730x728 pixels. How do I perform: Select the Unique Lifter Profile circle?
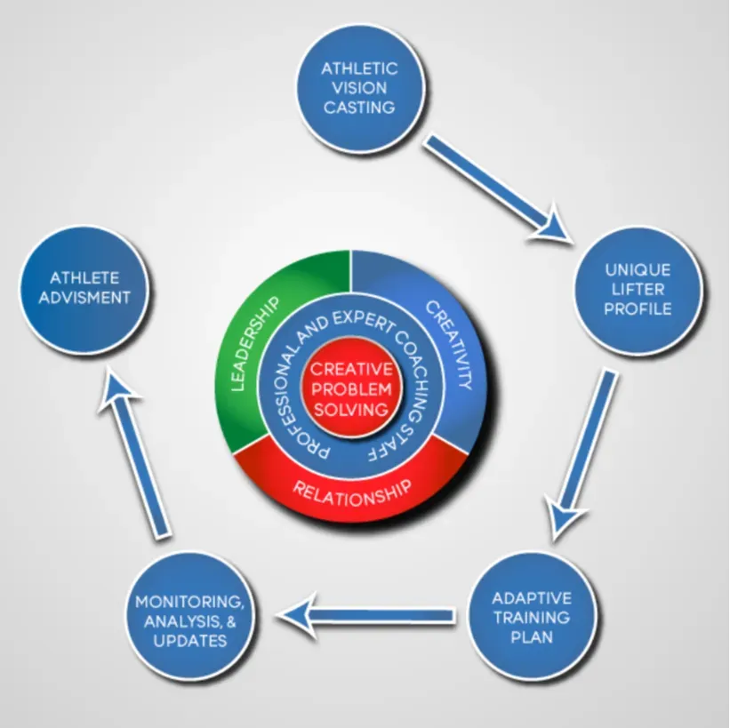pos(638,290)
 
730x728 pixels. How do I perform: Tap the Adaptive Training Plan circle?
pos(532,616)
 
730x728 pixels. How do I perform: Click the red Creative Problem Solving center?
pos(351,388)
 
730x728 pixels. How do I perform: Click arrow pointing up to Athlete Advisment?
pos(136,453)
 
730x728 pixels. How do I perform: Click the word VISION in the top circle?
pos(359,88)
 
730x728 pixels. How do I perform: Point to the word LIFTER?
pos(638,290)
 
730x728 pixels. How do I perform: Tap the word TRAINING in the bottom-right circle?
pos(532,616)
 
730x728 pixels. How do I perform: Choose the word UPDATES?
pos(189,640)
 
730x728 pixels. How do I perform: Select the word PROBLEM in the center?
pos(351,388)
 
